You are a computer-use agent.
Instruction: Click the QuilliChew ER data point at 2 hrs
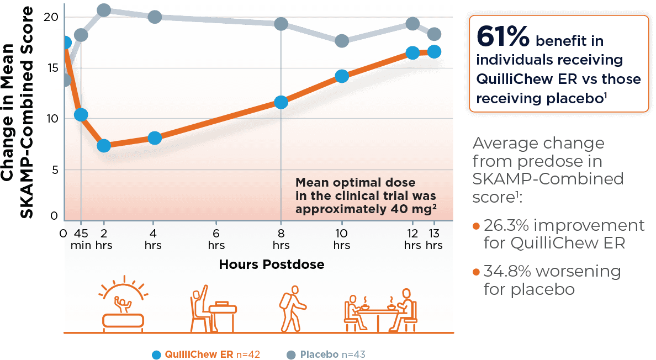[x=104, y=146]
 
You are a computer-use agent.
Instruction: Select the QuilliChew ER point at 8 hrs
[x=281, y=102]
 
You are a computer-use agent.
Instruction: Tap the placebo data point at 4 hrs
[x=155, y=17]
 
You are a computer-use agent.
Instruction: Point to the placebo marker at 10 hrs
[x=342, y=41]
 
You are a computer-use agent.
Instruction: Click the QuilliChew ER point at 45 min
[x=81, y=114]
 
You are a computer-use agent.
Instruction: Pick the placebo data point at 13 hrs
[x=435, y=34]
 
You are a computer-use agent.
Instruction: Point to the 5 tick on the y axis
[x=54, y=170]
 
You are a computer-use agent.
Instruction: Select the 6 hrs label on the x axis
[x=216, y=238]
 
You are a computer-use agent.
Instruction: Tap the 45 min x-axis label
[x=81, y=238]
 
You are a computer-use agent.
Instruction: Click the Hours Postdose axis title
[x=271, y=264]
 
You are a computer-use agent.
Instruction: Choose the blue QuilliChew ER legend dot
[x=156, y=354]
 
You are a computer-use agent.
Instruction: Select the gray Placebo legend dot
[x=291, y=354]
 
